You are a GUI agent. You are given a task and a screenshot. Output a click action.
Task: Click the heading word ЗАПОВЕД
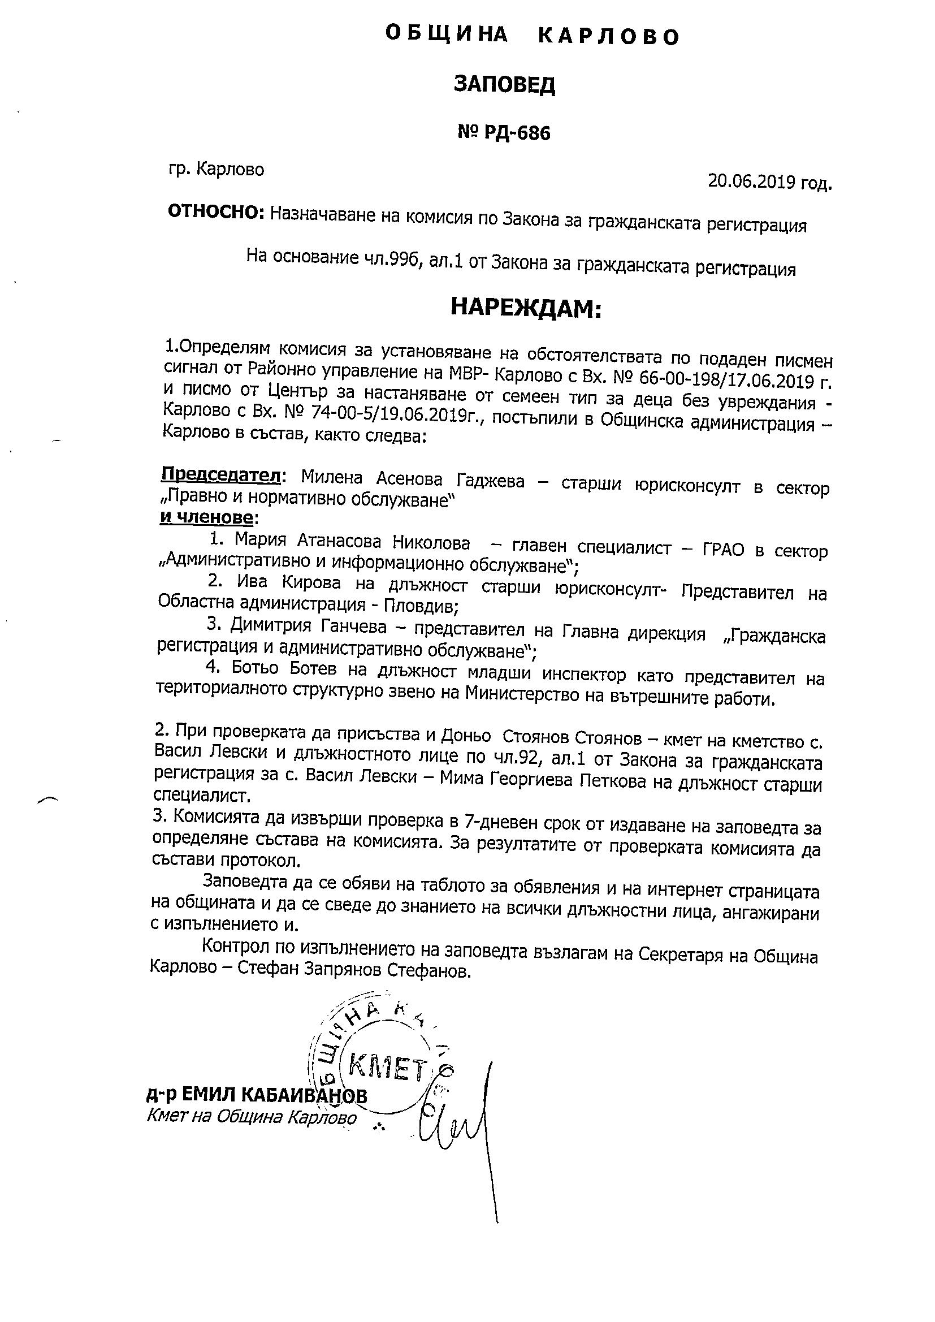[x=504, y=85]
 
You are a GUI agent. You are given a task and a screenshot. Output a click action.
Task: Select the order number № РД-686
[x=504, y=133]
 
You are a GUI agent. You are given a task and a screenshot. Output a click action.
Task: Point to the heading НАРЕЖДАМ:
[x=525, y=308]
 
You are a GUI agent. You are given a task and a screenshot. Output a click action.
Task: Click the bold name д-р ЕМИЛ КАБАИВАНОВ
[x=257, y=1095]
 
